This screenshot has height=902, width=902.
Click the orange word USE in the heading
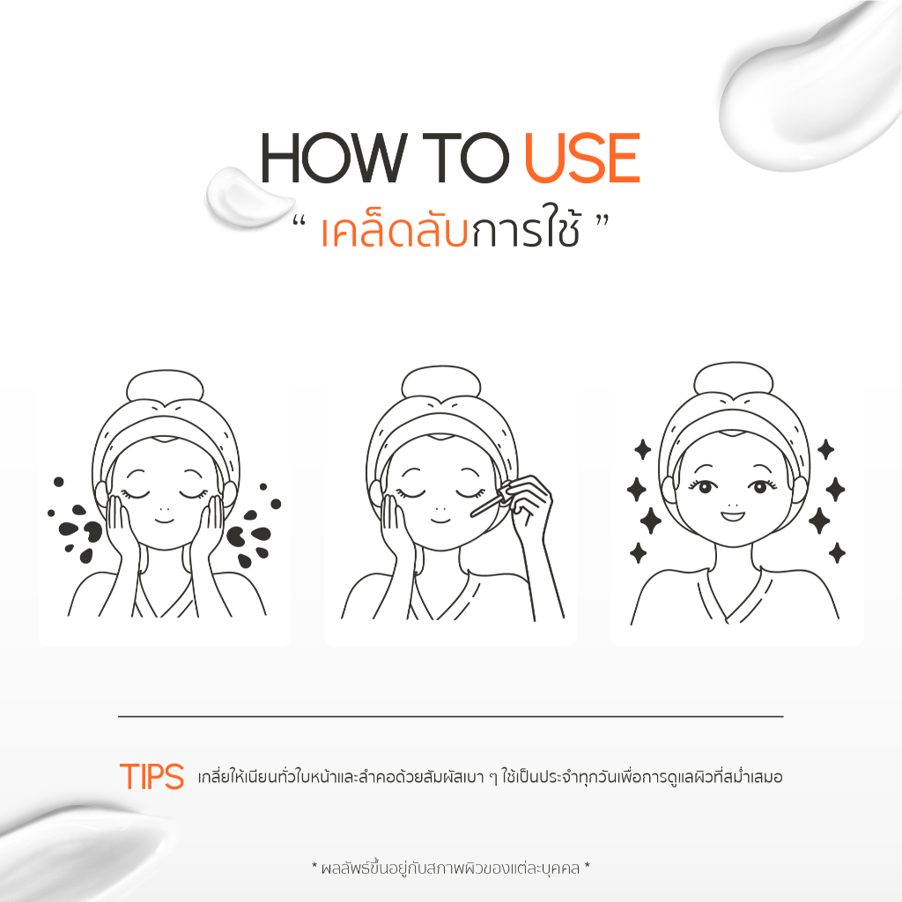click(x=582, y=159)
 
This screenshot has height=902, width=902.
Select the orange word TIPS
click(x=152, y=776)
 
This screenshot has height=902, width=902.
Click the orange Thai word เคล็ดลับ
click(x=395, y=230)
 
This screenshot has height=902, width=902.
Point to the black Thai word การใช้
click(x=525, y=230)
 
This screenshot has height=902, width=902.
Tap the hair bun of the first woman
click(x=165, y=386)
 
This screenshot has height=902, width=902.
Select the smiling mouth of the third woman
click(x=734, y=514)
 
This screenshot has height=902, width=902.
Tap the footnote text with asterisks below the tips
click(x=450, y=868)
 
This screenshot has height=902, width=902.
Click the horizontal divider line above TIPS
click(x=450, y=717)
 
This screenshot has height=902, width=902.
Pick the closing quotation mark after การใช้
click(x=603, y=221)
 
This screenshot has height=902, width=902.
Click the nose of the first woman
click(x=164, y=510)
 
